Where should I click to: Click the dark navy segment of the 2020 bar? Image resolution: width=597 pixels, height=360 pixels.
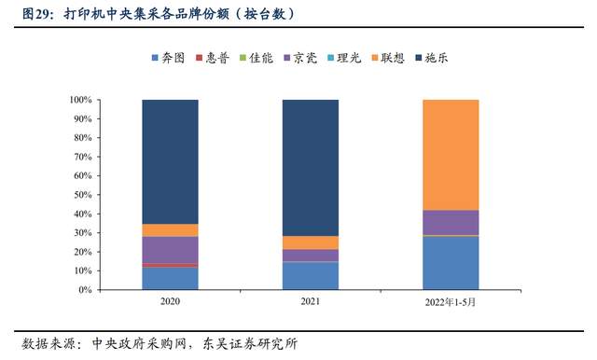[x=170, y=161]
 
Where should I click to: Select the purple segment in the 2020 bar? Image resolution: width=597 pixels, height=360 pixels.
[x=170, y=250]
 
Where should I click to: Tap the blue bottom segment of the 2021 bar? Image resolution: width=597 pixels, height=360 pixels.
[x=310, y=276]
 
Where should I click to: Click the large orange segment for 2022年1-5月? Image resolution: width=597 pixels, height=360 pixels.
[x=451, y=155]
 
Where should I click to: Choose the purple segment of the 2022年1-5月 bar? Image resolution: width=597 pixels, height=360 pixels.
[x=451, y=222]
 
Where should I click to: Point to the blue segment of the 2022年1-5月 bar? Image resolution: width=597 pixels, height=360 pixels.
[x=451, y=263]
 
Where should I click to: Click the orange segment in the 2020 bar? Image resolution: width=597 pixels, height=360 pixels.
[x=170, y=230]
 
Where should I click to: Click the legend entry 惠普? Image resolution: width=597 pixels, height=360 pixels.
[x=220, y=58]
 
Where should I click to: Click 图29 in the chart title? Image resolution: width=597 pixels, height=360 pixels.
[x=23, y=14]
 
